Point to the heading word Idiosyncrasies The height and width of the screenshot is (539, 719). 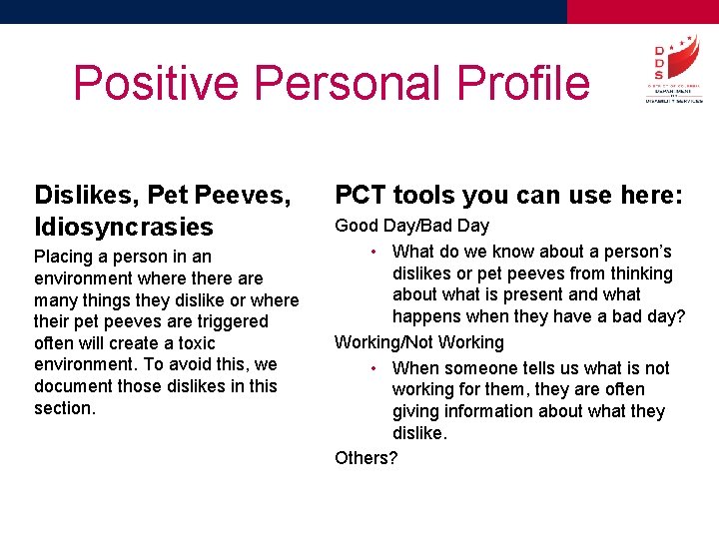(x=124, y=227)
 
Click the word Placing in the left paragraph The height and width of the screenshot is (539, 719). (x=64, y=257)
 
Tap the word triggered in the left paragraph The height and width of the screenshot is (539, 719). (x=231, y=321)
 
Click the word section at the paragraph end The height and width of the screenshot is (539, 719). (x=64, y=408)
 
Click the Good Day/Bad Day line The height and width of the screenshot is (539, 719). (x=411, y=226)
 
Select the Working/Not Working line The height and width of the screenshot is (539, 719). (x=419, y=342)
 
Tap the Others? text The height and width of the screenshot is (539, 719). (x=365, y=458)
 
